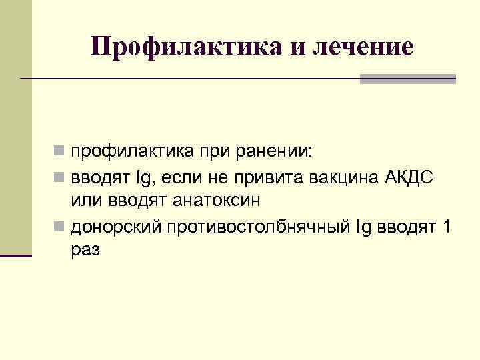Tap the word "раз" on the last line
[86, 251]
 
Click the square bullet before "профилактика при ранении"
[61, 153]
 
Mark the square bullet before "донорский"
[61, 227]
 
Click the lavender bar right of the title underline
[407, 79]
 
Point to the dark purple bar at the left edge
[16, 255]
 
